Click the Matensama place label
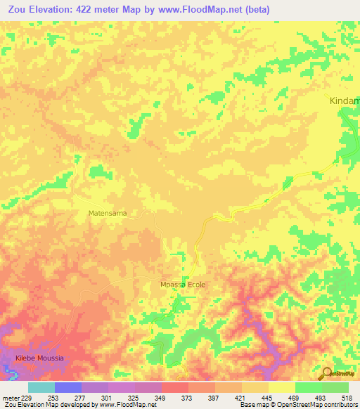pyautogui.click(x=107, y=212)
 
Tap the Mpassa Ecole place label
pyautogui.click(x=182, y=285)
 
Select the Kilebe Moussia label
pyautogui.click(x=39, y=358)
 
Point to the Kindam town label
pyautogui.click(x=345, y=101)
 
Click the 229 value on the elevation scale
pyautogui.click(x=27, y=397)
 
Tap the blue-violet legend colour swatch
pyautogui.click(x=68, y=387)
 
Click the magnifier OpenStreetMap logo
pyautogui.click(x=326, y=373)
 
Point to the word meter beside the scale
pyautogui.click(x=9, y=397)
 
